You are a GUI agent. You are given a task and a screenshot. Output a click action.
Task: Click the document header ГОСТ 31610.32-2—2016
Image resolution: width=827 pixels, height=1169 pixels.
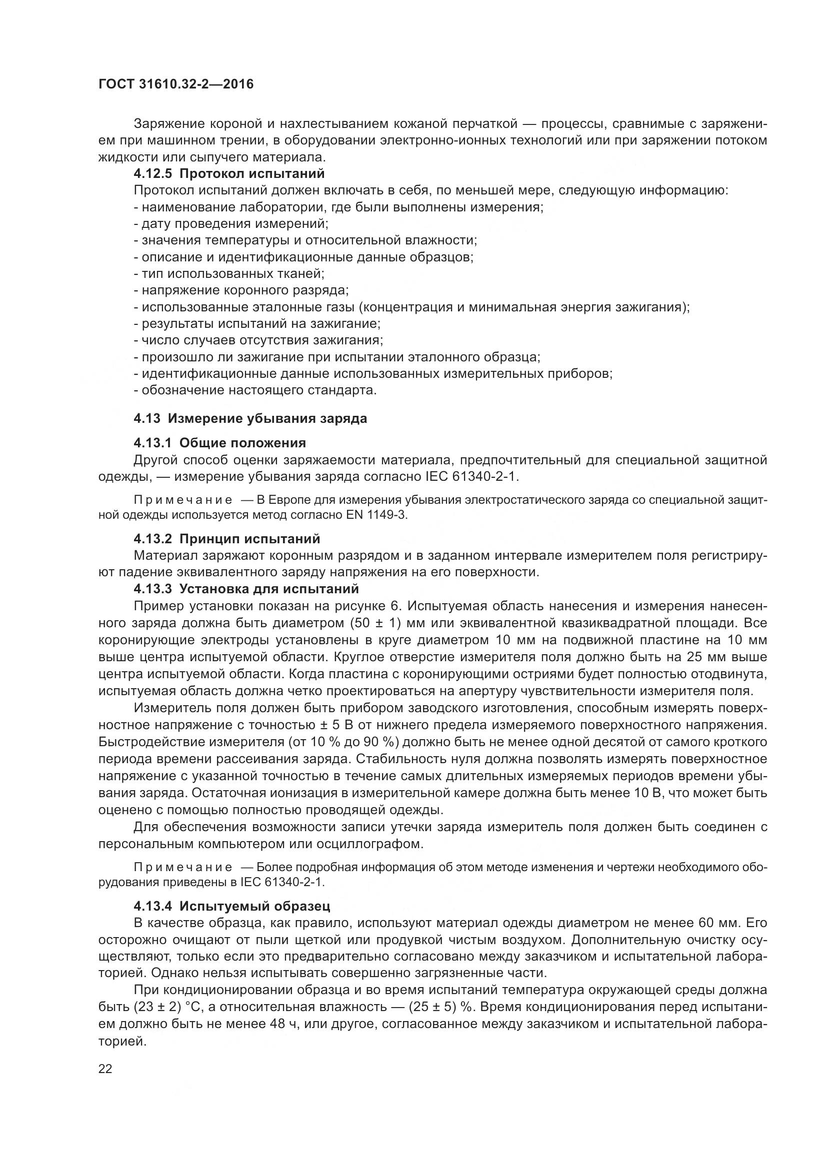tap(175, 84)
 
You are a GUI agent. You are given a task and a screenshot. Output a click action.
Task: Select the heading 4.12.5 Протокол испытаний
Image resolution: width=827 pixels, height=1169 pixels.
tap(229, 173)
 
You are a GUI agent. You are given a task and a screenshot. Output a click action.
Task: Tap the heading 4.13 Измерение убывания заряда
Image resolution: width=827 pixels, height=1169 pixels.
tap(250, 418)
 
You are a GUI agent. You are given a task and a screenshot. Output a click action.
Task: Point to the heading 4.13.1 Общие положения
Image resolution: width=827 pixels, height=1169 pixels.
tap(219, 442)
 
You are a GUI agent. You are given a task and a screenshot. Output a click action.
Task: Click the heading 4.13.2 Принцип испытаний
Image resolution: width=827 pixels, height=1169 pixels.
tap(226, 539)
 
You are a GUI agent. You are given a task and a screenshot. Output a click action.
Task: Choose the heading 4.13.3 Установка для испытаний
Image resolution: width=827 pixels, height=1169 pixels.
tap(246, 589)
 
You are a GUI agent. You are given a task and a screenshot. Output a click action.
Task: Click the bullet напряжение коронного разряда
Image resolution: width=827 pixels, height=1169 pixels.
tap(241, 290)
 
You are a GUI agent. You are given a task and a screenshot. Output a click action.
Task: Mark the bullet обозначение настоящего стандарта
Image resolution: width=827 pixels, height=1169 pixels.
tap(255, 390)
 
